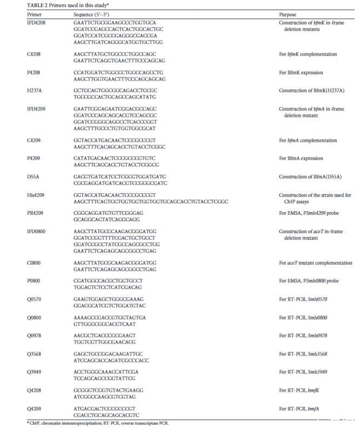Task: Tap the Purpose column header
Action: (x=288, y=15)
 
